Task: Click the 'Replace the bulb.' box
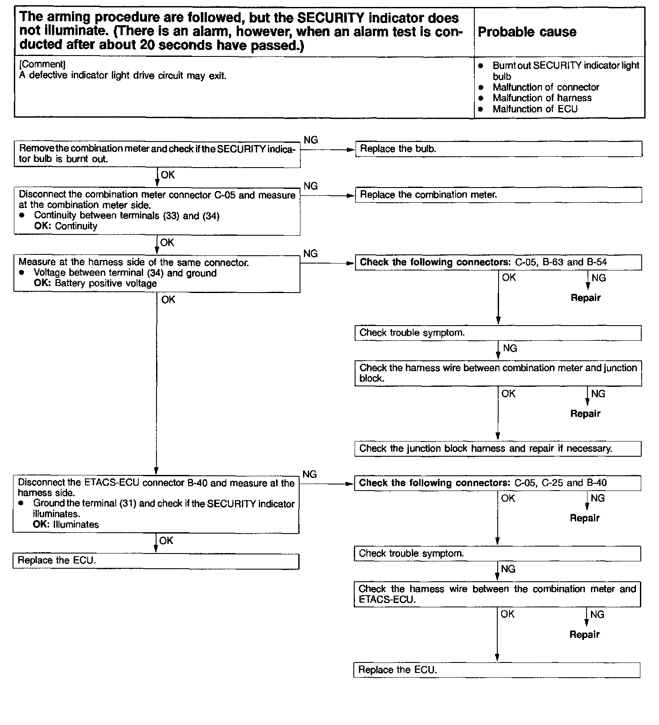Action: click(498, 149)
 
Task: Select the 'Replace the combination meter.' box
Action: click(498, 195)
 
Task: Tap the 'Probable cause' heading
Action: click(527, 32)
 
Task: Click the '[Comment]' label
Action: click(42, 64)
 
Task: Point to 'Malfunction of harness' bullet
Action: click(542, 98)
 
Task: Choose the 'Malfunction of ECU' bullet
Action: click(535, 109)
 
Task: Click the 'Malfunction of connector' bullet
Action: click(545, 87)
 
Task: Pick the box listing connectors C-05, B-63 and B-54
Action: click(498, 262)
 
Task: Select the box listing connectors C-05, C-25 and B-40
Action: click(497, 483)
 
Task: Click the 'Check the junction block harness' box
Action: click(498, 448)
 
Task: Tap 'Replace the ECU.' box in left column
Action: click(156, 560)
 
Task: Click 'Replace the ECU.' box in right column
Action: click(497, 670)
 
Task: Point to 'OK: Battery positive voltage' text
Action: click(95, 283)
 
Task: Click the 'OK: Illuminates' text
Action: click(66, 524)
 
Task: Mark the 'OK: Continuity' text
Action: click(65, 226)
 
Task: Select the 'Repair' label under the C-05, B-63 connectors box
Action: click(585, 298)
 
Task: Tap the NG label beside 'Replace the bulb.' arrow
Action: click(310, 140)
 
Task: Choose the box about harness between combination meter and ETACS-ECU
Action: click(497, 594)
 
